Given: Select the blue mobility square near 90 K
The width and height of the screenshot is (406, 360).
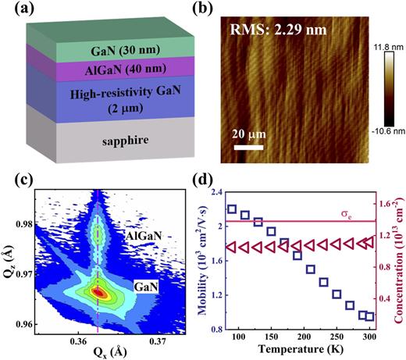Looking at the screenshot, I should pyautogui.click(x=232, y=209).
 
